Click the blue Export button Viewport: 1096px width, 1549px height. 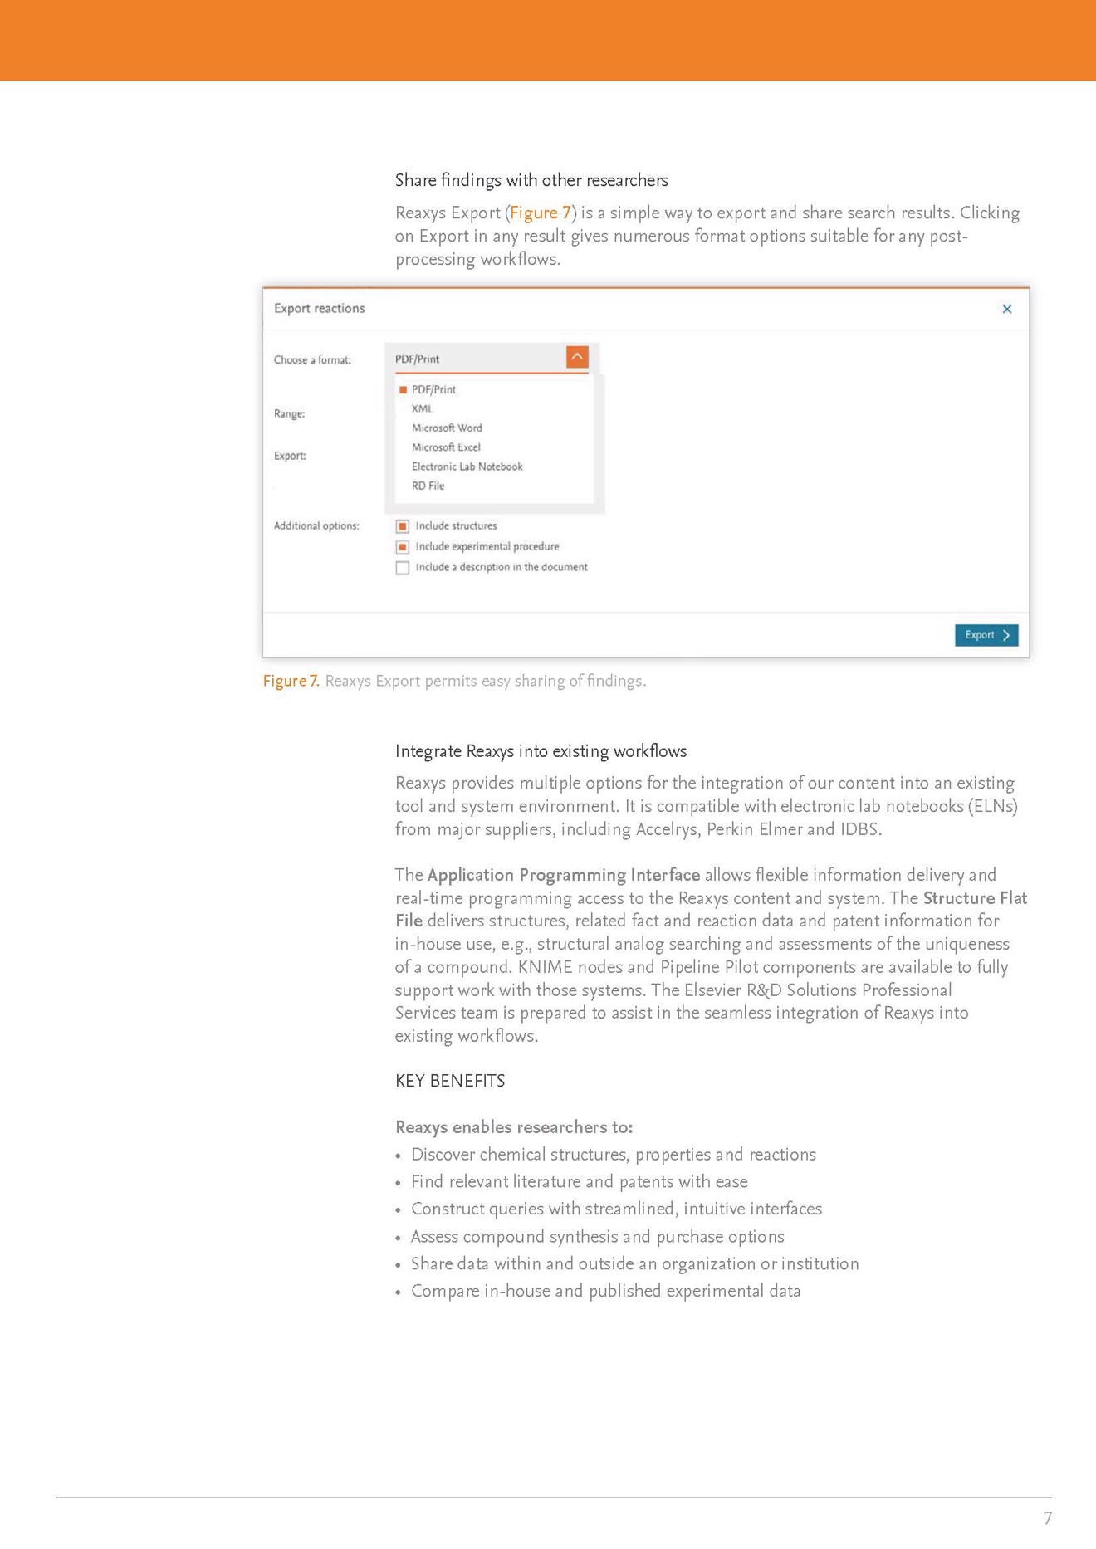point(986,635)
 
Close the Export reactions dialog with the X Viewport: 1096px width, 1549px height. point(1006,309)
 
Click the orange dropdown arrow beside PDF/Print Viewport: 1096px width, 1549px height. point(577,357)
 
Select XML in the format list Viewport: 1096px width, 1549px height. point(422,408)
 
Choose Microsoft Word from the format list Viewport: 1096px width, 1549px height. point(447,428)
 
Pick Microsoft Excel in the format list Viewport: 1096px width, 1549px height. point(446,447)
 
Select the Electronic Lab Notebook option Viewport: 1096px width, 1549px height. point(467,467)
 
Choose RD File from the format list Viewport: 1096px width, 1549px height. point(428,486)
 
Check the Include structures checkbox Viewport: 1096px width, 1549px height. point(403,526)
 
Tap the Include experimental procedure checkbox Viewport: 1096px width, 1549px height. point(403,547)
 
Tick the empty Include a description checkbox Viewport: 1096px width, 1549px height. point(403,568)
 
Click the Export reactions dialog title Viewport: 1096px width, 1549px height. point(320,308)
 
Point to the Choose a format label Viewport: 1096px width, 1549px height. point(312,359)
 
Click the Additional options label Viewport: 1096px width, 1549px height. point(316,525)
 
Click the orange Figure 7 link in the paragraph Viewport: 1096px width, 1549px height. point(541,213)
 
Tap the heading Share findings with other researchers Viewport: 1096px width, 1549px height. point(531,180)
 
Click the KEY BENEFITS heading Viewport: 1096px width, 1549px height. point(450,1081)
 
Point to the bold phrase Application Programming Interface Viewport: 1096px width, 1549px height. point(563,875)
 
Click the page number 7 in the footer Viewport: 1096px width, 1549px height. point(1047,1518)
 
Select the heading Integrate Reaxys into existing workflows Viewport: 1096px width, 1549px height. point(541,751)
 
